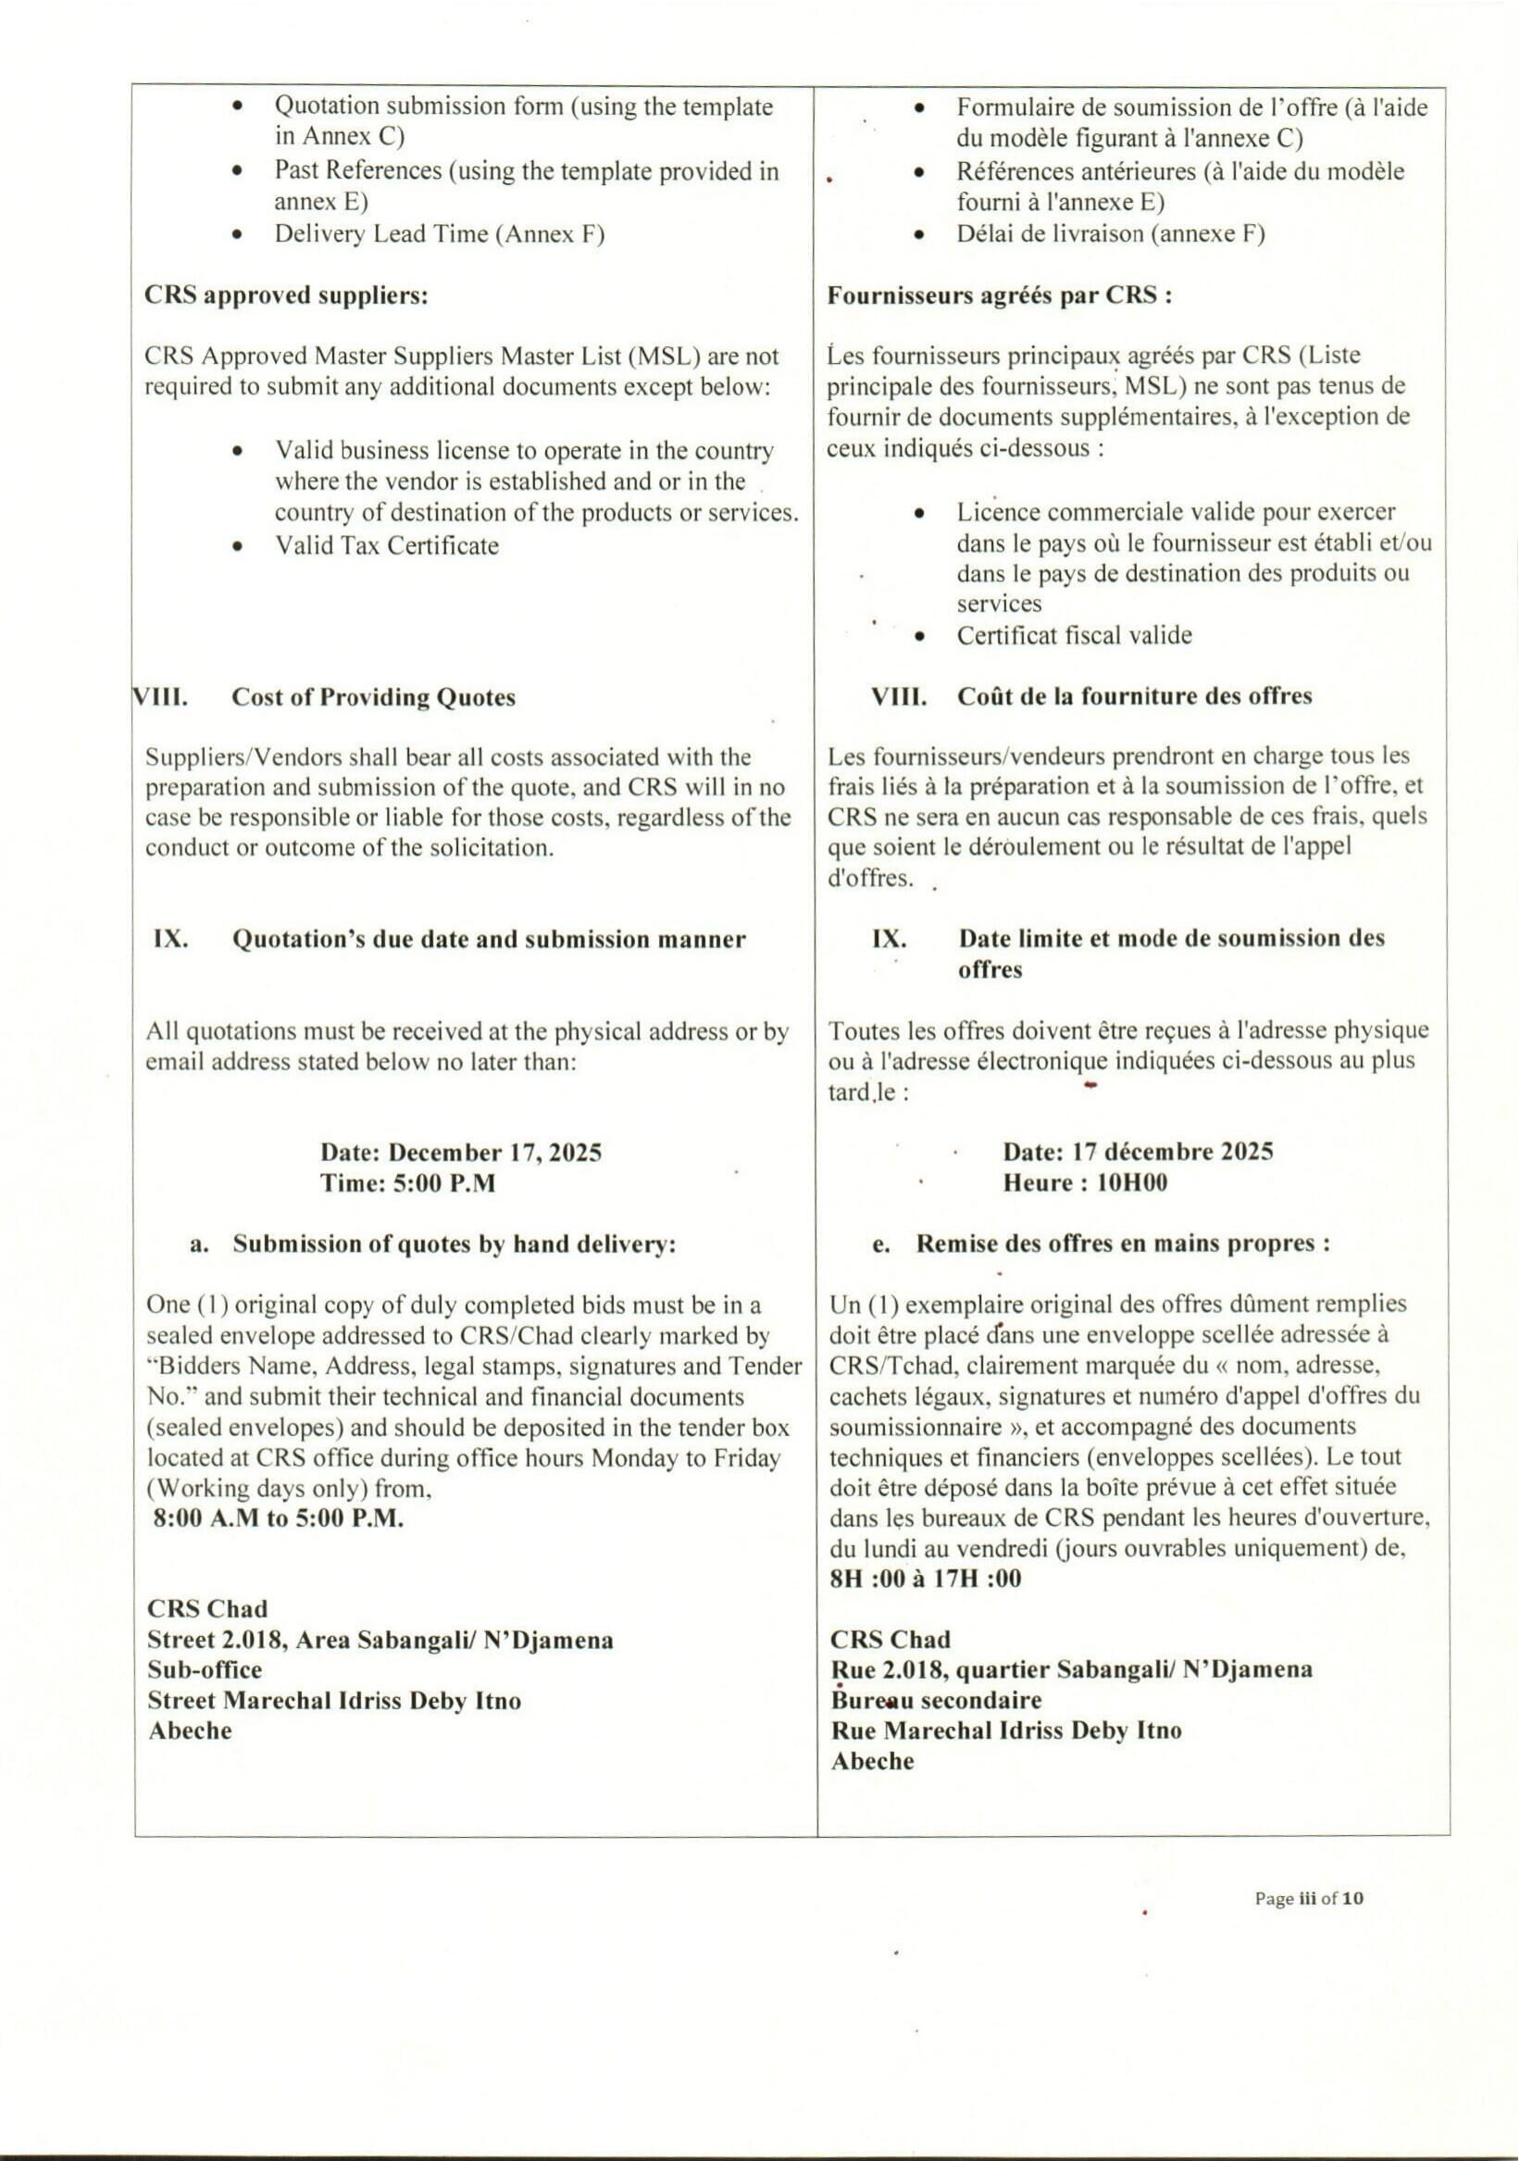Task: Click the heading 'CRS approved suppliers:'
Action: click(286, 296)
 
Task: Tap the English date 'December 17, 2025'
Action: click(495, 1153)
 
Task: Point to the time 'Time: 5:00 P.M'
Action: click(407, 1184)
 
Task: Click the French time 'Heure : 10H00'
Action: click(1084, 1183)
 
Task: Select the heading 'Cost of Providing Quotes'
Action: click(374, 698)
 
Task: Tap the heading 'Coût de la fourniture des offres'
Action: click(1134, 697)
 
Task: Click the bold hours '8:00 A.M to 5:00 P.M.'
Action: click(279, 1519)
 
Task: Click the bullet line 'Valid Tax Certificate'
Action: click(387, 546)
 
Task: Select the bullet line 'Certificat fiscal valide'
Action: click(1074, 636)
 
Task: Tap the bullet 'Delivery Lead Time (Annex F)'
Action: click(439, 234)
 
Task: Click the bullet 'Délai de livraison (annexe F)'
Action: click(1111, 234)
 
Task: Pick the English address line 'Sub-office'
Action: click(206, 1670)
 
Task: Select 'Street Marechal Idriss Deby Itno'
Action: click(334, 1702)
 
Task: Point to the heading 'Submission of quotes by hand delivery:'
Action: click(455, 1245)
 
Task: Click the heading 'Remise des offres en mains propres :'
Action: click(1123, 1244)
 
